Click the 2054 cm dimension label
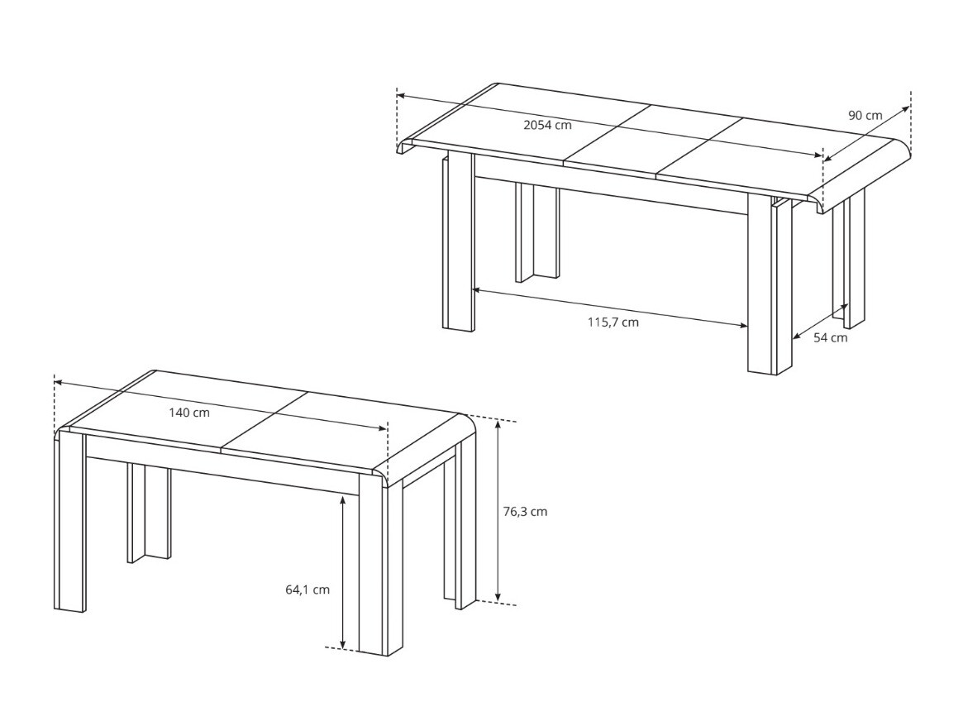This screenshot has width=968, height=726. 547,126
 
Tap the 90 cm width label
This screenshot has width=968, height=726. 865,115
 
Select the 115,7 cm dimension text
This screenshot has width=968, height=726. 613,322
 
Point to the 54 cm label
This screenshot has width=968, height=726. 830,337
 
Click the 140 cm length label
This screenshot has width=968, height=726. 189,413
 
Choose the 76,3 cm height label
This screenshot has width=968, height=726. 525,511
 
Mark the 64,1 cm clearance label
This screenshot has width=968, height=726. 307,590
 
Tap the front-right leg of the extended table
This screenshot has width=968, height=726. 769,285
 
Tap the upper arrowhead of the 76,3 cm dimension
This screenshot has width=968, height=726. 498,424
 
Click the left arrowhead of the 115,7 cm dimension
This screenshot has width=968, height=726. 476,289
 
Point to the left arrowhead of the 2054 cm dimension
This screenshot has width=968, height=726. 401,96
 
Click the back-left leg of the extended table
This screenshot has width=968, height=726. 536,233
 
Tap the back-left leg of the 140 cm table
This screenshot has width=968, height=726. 149,513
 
